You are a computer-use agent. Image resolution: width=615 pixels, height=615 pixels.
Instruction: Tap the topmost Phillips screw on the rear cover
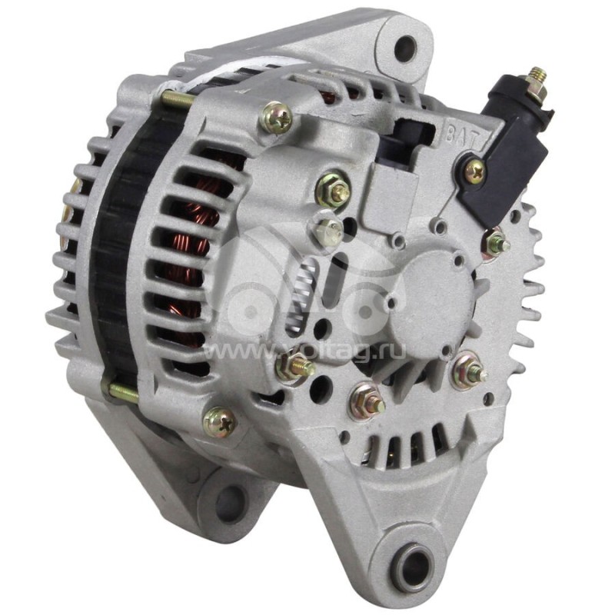276,118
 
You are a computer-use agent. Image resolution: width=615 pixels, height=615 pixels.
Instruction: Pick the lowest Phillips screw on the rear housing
221,419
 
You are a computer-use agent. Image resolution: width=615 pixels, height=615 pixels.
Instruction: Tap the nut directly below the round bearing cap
367,400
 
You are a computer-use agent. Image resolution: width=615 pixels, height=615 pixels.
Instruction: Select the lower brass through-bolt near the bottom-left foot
123,393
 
